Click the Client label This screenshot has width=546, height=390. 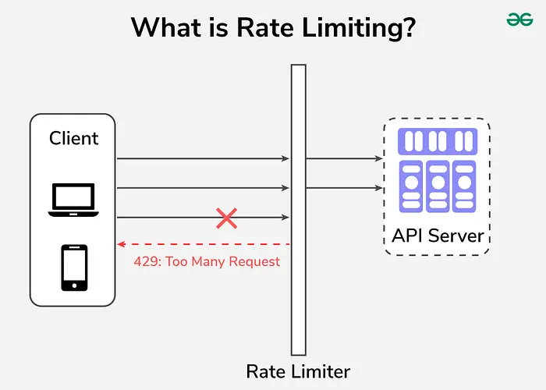click(73, 138)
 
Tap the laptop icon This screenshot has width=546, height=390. click(73, 200)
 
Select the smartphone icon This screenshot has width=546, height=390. click(74, 268)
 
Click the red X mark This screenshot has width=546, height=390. click(226, 218)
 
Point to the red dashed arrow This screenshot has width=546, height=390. click(203, 244)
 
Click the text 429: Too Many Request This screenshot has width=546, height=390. click(206, 262)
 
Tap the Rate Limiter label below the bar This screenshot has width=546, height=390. click(298, 371)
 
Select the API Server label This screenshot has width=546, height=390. click(437, 236)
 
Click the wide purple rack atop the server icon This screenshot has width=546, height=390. click(437, 141)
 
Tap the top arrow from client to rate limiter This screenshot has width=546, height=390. click(203, 158)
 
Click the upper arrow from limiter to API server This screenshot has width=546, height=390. click(343, 158)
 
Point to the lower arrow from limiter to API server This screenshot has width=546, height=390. click(343, 188)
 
